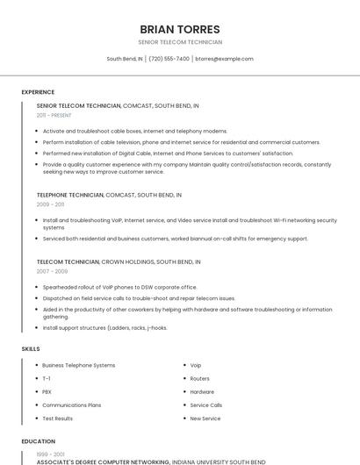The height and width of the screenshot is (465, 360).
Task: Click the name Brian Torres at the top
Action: point(180,29)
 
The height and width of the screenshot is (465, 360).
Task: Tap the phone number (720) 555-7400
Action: point(169,59)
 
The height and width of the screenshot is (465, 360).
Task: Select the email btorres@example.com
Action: point(224,59)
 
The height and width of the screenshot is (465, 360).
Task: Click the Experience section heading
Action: point(38,92)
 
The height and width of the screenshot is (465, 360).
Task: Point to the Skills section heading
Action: point(31,349)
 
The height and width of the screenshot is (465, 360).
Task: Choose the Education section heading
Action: point(39,441)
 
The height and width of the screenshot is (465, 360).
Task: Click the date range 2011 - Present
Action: point(54,115)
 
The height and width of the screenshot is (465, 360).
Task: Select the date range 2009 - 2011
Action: point(50,204)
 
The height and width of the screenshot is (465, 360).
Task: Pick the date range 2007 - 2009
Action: point(52,271)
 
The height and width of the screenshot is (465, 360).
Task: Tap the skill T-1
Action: point(47,378)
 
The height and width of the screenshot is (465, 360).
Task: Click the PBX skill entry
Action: point(47,391)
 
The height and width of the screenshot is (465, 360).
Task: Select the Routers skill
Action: point(199,378)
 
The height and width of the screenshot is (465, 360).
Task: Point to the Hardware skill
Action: point(202,391)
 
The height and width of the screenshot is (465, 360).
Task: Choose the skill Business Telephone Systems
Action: point(78,365)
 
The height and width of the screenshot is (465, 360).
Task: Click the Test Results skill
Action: point(57,418)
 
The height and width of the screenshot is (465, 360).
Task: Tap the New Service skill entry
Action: point(205,418)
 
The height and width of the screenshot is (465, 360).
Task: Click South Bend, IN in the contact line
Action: point(125,59)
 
